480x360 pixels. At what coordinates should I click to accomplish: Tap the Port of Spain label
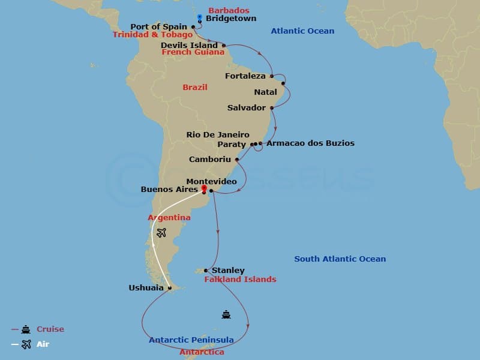158,27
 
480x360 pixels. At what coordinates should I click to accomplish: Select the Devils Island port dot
224,46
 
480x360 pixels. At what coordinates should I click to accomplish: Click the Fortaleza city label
245,76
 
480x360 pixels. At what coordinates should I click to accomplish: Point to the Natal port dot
283,83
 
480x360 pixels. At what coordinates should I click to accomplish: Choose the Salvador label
247,108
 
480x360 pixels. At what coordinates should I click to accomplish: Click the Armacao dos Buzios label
310,143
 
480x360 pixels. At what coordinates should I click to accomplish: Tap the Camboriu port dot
238,160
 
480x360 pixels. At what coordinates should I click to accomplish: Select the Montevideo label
211,181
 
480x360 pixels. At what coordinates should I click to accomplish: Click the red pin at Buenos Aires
204,188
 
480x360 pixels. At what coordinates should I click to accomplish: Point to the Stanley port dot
206,271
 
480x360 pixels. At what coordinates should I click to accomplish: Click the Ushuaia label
146,288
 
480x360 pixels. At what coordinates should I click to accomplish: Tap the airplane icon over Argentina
161,233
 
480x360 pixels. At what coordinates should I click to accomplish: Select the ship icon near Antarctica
226,314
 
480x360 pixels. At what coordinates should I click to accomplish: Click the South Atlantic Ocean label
340,259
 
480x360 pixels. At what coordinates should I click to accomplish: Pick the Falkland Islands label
240,280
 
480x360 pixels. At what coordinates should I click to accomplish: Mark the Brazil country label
195,88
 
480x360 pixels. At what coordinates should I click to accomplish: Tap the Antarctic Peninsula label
191,340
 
